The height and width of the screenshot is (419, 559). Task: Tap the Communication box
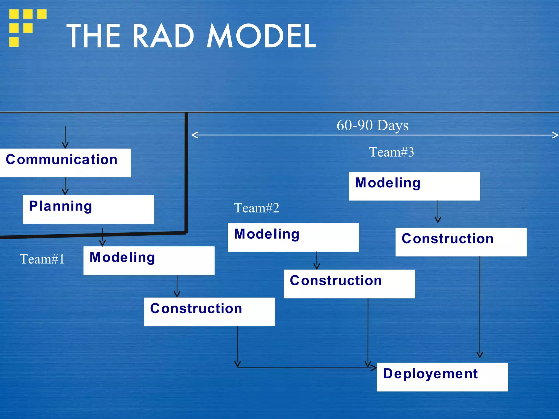click(x=65, y=163)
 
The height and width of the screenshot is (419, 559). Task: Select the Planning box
click(x=88, y=209)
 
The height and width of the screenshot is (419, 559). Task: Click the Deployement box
click(x=442, y=377)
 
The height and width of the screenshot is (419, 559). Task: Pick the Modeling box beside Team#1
click(x=149, y=261)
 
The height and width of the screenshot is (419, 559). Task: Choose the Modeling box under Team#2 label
click(x=293, y=237)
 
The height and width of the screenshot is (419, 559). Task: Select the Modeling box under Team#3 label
click(x=414, y=186)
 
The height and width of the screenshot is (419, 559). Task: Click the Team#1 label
click(x=42, y=259)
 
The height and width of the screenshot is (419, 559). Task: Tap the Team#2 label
click(x=256, y=208)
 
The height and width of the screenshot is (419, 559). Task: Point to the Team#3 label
click(x=391, y=152)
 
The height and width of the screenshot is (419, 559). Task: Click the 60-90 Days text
click(x=372, y=125)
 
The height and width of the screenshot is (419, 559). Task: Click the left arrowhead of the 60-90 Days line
click(x=194, y=135)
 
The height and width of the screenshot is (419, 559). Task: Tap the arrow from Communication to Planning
click(x=65, y=186)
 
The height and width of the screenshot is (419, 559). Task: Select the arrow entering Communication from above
click(x=65, y=137)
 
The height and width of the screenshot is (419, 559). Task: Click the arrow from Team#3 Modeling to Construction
click(x=438, y=212)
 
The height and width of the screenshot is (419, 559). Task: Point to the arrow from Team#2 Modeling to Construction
click(x=317, y=261)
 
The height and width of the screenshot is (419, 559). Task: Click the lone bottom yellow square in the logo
click(x=14, y=42)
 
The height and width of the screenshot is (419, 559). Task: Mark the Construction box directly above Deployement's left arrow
click(x=349, y=284)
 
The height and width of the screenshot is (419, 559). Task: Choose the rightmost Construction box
click(x=461, y=242)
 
